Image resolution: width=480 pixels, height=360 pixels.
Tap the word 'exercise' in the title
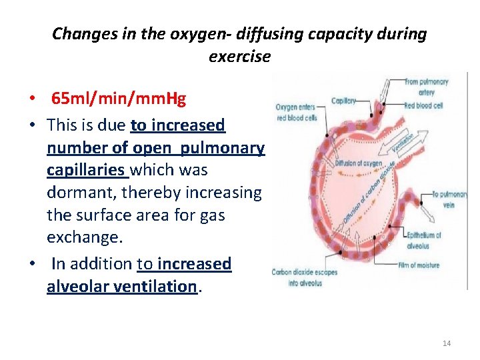(x=239, y=56)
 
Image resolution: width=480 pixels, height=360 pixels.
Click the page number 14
(x=446, y=343)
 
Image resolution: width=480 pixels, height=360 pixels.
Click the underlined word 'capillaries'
(x=87, y=170)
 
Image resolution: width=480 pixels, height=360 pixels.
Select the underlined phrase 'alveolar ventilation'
(x=121, y=286)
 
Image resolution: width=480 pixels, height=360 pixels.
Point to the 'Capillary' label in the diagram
(x=345, y=101)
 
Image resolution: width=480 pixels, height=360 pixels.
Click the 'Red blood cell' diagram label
(x=423, y=105)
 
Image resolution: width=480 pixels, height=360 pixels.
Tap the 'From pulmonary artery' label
(x=426, y=87)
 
